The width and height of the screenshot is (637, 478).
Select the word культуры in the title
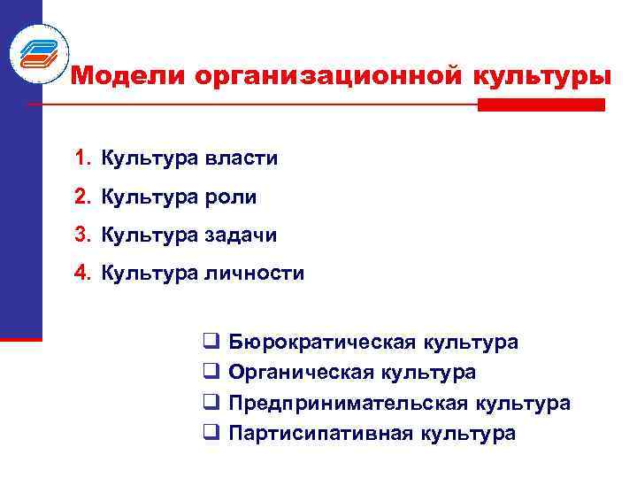click(541, 77)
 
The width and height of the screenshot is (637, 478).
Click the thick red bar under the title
click(541, 104)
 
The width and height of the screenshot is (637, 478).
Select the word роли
click(232, 197)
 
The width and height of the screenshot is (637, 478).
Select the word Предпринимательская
click(349, 404)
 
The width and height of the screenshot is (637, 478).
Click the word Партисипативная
click(320, 434)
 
